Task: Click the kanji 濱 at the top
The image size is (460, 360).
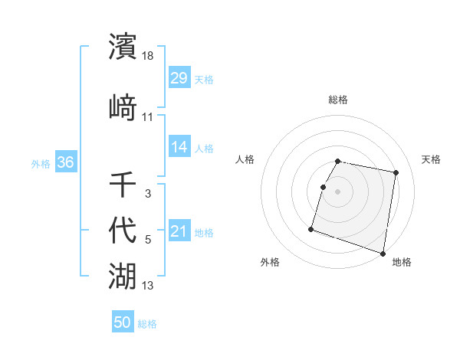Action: [123, 46]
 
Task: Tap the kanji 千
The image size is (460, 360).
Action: [123, 184]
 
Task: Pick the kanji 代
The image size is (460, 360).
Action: [123, 228]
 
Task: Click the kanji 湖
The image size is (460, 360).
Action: [123, 273]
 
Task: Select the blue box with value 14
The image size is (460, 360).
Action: [179, 147]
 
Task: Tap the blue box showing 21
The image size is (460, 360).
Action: [179, 231]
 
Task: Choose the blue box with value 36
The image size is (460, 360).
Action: [65, 162]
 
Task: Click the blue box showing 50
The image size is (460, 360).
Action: [123, 322]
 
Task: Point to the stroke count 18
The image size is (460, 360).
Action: [148, 57]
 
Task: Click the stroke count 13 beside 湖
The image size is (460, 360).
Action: [148, 286]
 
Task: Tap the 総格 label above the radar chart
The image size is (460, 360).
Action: [338, 100]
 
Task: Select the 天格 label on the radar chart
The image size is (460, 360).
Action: [432, 159]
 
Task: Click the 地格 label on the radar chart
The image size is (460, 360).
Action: [402, 262]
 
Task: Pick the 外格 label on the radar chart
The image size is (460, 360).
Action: [270, 262]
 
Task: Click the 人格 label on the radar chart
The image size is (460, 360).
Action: [245, 159]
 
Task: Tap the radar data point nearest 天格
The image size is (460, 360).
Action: [396, 174]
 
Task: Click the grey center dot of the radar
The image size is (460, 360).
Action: [337, 191]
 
